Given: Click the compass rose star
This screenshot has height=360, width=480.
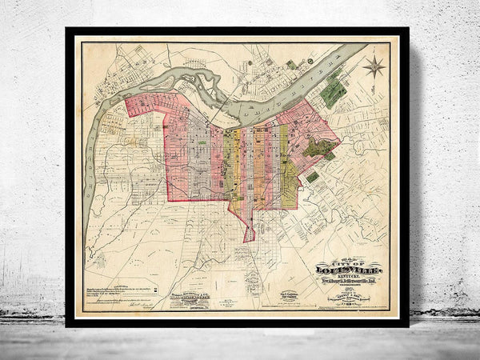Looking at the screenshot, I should click(373, 66).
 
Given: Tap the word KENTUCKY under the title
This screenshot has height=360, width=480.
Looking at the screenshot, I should click(346, 279).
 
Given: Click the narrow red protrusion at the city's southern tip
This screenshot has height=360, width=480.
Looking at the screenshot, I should click(249, 233).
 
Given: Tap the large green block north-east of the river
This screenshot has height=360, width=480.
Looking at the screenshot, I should click(334, 93).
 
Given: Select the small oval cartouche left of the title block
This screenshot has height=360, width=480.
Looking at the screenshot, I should click(288, 298).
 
